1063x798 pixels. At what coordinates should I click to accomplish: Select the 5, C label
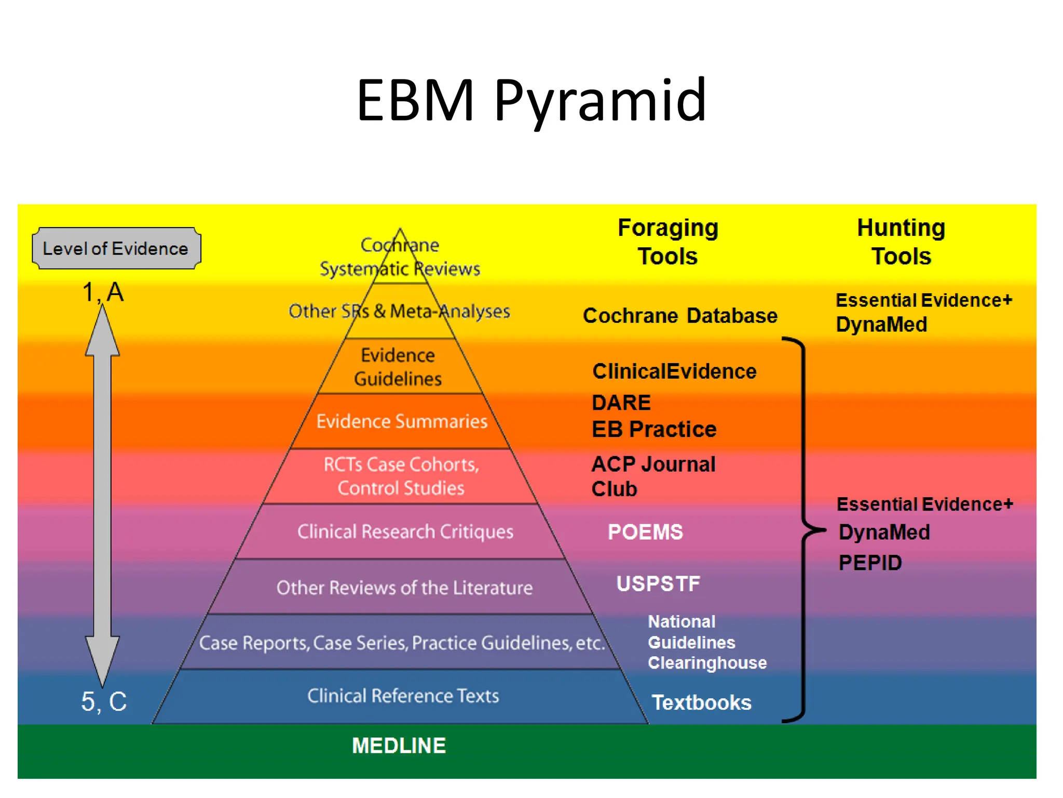(x=104, y=701)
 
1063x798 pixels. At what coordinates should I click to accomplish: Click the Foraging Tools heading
(x=667, y=242)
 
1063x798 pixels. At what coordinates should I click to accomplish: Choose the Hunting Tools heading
(x=901, y=242)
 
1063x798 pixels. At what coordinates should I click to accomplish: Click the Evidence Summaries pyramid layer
(x=402, y=421)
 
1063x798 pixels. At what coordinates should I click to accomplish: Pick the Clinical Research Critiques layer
(x=405, y=531)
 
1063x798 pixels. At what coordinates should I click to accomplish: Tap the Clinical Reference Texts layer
(x=403, y=696)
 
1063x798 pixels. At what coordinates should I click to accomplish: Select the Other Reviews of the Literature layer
(x=404, y=588)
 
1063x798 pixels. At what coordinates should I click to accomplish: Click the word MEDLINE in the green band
(x=399, y=746)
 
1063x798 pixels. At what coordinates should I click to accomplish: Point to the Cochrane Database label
(x=680, y=316)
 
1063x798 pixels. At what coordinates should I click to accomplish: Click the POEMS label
(x=645, y=532)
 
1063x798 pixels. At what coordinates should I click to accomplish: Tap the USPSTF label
(x=658, y=583)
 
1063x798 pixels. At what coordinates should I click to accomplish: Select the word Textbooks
(x=701, y=702)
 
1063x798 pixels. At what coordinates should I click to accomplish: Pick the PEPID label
(x=870, y=563)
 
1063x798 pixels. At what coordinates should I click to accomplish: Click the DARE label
(x=621, y=403)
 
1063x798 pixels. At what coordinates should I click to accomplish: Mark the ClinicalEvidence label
(x=674, y=371)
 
